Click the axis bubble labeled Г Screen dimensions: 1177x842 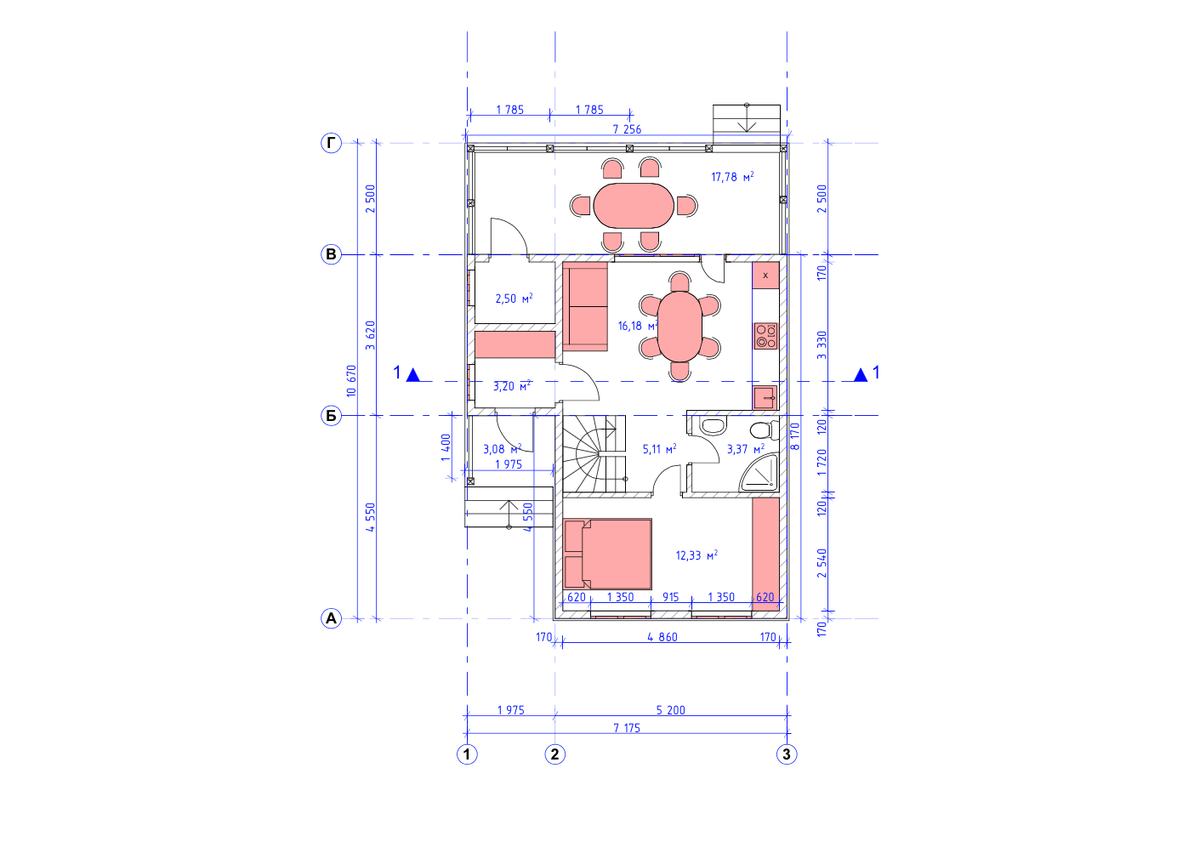coord(331,143)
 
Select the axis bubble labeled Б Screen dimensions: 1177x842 coord(331,416)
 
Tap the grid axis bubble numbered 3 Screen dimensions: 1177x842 coord(787,754)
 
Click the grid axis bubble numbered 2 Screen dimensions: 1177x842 coord(554,754)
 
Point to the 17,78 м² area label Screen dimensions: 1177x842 coord(732,177)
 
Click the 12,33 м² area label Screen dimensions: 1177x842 coord(697,555)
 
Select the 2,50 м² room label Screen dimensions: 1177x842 coord(514,299)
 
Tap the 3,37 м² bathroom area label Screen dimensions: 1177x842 coord(746,449)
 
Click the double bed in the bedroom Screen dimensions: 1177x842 coord(607,554)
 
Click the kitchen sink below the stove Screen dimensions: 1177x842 coord(765,397)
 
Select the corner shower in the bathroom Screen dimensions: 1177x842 coord(759,473)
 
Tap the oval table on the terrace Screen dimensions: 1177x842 coord(634,206)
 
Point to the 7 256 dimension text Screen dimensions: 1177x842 coord(627,129)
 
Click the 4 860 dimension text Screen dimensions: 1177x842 coord(662,637)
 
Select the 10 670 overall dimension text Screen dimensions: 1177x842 coord(351,380)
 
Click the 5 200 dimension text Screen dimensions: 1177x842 coord(670,710)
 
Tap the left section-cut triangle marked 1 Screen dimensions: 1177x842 coord(413,375)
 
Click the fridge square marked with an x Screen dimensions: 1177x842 coord(765,275)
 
